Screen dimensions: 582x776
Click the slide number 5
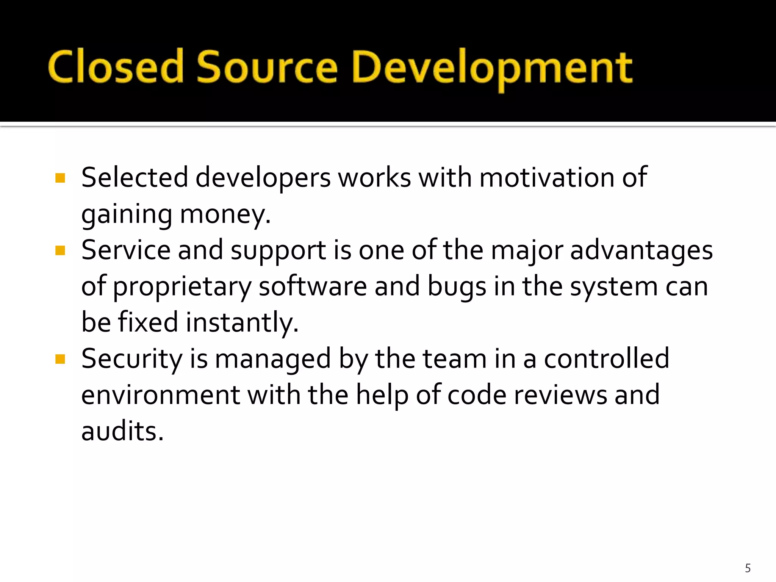pyautogui.click(x=748, y=568)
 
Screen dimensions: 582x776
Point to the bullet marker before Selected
pyautogui.click(x=60, y=178)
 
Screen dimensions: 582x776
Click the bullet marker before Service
pyautogui.click(x=60, y=250)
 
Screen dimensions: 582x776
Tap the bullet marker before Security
pyautogui.click(x=60, y=359)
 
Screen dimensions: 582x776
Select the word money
pyautogui.click(x=225, y=214)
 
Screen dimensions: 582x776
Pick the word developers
pyautogui.click(x=263, y=178)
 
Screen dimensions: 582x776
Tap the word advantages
pyautogui.click(x=641, y=251)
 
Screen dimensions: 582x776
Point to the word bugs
pyautogui.click(x=457, y=287)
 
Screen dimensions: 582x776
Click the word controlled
pyautogui.click(x=607, y=358)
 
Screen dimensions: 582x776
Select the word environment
pyautogui.click(x=161, y=395)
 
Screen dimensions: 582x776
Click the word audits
pyautogui.click(x=122, y=431)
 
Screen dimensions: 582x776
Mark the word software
pyautogui.click(x=313, y=286)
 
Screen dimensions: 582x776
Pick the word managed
pyautogui.click(x=273, y=359)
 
